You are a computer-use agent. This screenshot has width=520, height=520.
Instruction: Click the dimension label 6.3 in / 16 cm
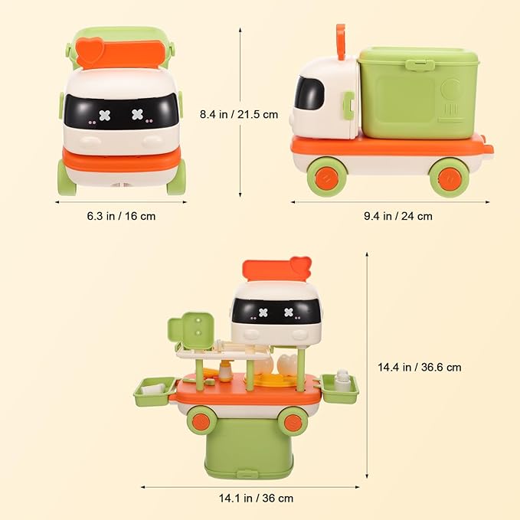point(121,216)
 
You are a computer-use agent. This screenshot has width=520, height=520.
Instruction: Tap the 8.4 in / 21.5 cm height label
point(239,114)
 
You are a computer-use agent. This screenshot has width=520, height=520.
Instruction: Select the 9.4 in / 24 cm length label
point(398,216)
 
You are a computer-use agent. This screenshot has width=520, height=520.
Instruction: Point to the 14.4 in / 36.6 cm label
point(420,367)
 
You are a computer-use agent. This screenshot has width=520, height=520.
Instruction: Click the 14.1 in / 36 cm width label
point(256,498)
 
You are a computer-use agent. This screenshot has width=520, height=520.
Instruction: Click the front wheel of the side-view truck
point(327,177)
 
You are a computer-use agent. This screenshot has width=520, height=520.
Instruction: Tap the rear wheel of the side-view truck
point(449,178)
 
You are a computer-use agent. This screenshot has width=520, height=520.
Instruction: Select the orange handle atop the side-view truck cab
point(341,42)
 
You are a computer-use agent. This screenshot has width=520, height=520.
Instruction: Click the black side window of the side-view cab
point(309,93)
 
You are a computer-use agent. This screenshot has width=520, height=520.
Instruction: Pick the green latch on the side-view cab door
point(348,106)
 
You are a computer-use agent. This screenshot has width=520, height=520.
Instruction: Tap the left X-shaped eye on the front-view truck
point(105,116)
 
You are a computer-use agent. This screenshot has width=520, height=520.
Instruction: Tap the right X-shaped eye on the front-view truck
point(137,114)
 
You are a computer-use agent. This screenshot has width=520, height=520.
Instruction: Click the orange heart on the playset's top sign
point(300,266)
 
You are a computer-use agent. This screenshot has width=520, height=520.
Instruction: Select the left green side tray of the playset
point(155,391)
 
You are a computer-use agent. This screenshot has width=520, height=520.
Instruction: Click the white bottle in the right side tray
point(342,381)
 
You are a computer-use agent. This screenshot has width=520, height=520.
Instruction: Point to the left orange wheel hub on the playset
point(201,421)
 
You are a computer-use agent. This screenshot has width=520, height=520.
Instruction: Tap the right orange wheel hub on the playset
point(293,422)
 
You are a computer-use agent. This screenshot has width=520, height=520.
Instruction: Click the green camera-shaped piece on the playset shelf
point(191,331)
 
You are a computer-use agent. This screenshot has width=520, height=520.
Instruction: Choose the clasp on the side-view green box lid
point(420,64)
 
